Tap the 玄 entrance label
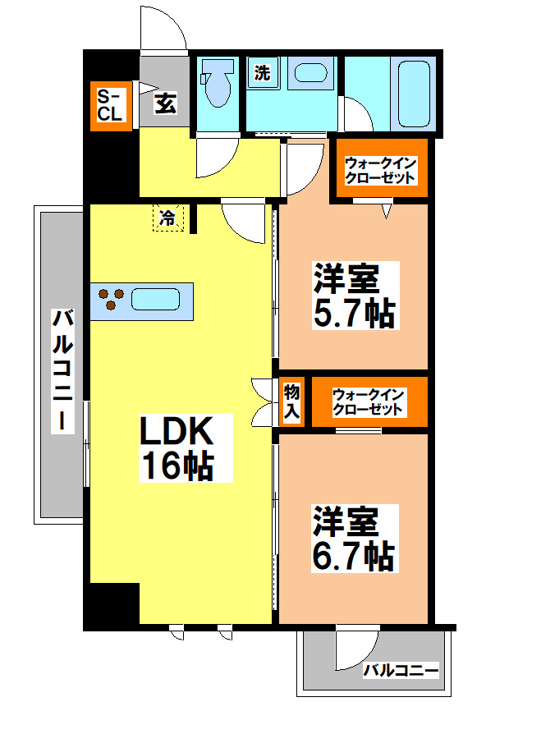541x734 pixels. [165, 103]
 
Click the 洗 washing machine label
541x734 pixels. [262, 72]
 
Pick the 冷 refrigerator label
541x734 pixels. [167, 218]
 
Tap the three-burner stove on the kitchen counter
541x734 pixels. [109, 300]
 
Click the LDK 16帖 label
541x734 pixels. [177, 448]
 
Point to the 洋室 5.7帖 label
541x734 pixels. [354, 296]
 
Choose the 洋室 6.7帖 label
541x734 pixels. [354, 539]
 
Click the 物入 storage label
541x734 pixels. [291, 401]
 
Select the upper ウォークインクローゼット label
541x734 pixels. [380, 171]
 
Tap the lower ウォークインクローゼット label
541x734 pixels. [369, 401]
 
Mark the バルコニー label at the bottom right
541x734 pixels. [401, 671]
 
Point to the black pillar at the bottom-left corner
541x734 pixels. [112, 606]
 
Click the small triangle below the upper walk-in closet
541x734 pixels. [387, 211]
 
